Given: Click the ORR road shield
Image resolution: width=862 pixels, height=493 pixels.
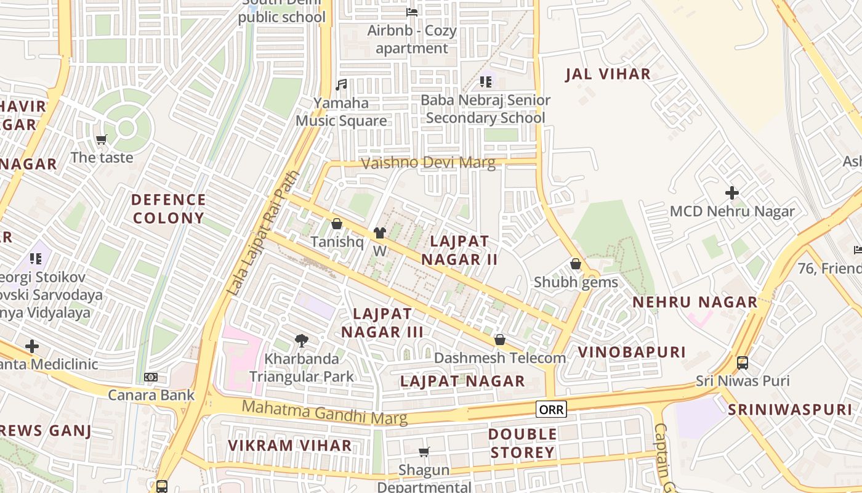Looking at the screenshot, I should [550, 409].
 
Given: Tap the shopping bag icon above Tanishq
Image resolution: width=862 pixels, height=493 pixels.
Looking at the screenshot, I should [336, 224].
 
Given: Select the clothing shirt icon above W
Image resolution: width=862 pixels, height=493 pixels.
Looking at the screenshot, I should [379, 233].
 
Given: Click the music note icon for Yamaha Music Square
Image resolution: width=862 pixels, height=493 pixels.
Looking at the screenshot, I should [341, 84].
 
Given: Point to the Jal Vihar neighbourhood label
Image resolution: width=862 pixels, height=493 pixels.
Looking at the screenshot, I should [608, 75].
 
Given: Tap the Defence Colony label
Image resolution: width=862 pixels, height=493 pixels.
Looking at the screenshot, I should [168, 208].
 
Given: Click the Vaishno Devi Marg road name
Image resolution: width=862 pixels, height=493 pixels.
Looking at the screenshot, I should [428, 163].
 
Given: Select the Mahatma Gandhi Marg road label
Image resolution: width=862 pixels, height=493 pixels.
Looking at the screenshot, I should [324, 412].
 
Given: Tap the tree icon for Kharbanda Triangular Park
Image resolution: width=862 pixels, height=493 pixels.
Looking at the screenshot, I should [301, 340].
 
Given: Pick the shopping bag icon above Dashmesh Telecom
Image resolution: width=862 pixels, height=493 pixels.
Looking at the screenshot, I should [499, 340].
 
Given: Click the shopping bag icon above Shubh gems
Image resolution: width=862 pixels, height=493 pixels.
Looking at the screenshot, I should [576, 264].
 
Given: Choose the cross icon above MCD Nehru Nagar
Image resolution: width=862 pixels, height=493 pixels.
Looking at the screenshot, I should [731, 193].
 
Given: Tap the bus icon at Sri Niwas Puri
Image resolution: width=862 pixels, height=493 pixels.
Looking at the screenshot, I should [743, 362].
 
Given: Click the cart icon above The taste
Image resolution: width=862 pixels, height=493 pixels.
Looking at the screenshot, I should [102, 139].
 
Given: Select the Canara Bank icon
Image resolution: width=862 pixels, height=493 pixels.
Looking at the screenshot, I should [151, 377].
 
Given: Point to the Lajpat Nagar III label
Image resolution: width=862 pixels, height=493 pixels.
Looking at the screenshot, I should [382, 323].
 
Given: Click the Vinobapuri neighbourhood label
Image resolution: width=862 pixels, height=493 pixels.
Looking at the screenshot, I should [631, 352].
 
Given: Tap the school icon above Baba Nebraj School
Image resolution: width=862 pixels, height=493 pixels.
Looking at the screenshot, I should [486, 81].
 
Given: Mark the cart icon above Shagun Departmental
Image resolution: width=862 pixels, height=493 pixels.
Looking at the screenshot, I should [424, 452].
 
